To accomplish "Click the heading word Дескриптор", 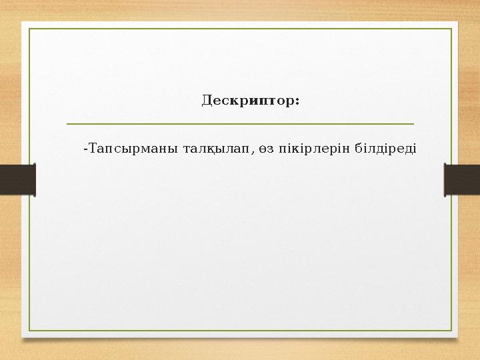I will click(x=248, y=101).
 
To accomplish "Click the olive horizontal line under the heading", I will click(x=240, y=123).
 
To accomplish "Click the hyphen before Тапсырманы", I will click(x=84, y=147).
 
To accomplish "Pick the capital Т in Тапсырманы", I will click(x=91, y=147).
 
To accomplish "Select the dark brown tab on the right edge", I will click(x=462, y=180).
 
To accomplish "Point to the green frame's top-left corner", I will click(x=29, y=29).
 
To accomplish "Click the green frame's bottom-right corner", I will click(x=451, y=331).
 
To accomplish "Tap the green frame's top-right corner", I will click(x=451, y=29).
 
